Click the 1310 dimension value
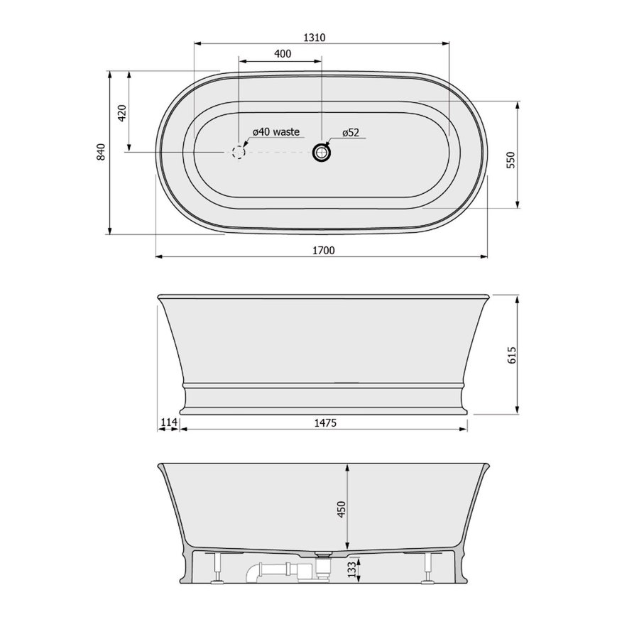click(315, 38)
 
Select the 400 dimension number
click(283, 54)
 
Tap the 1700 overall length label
click(324, 250)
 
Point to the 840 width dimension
click(101, 152)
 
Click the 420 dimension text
click(122, 113)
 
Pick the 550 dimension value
click(511, 160)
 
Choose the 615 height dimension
click(512, 355)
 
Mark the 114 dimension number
click(168, 422)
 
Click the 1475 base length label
click(325, 423)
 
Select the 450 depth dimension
click(342, 509)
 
